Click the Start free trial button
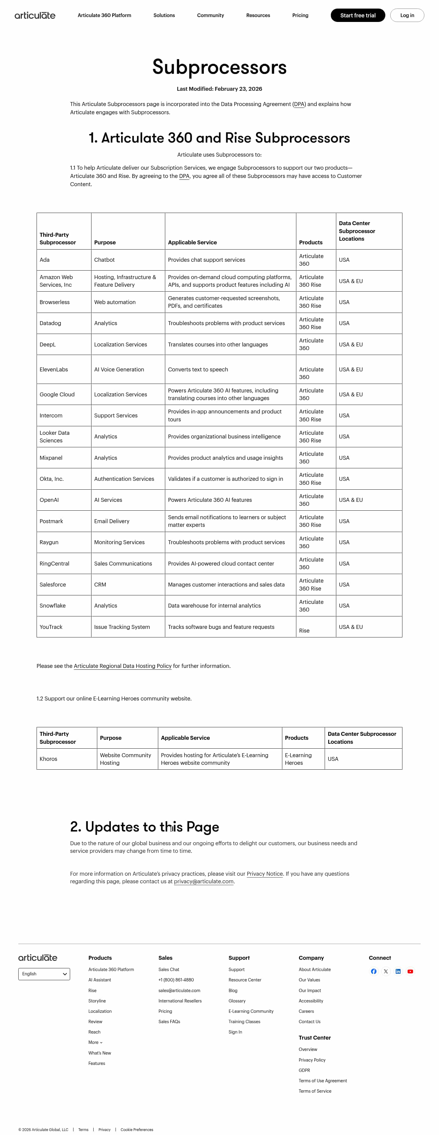point(358,16)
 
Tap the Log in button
point(406,16)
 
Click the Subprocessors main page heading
point(219,67)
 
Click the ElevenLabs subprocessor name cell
point(54,369)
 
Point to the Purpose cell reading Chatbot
point(105,260)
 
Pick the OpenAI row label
point(49,500)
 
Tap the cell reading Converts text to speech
point(198,369)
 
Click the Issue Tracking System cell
point(122,626)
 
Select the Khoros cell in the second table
point(48,759)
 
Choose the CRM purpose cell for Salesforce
point(100,584)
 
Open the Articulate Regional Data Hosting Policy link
point(123,666)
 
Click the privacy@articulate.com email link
point(204,881)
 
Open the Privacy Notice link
point(264,874)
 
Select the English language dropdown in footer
point(44,974)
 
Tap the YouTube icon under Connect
point(410,971)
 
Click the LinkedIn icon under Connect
point(398,971)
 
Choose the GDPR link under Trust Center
point(304,1070)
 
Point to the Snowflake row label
point(52,605)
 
